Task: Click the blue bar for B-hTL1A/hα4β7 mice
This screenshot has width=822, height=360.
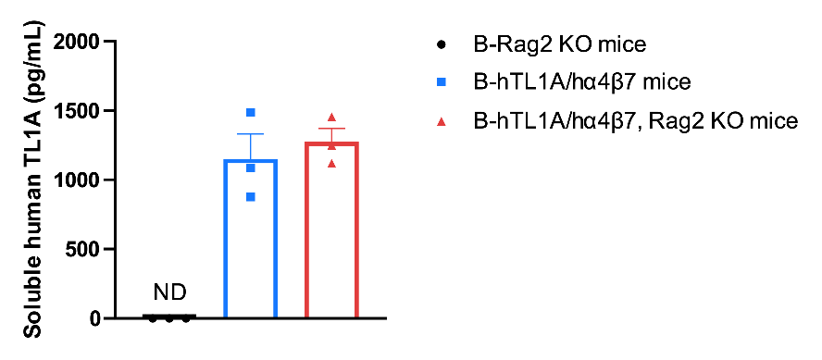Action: coord(226,239)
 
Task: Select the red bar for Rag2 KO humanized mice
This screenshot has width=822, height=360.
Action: coord(306,230)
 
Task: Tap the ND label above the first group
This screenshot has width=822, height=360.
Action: coord(169,293)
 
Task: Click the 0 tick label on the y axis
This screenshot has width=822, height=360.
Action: coord(94,318)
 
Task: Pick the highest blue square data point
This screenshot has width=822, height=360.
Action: coord(251,113)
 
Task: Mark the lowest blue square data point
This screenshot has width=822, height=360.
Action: coord(251,197)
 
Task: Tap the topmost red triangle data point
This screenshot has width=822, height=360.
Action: coord(331,117)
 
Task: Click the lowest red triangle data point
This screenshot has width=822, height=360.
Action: coord(331,164)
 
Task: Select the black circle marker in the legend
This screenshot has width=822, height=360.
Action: coord(442,44)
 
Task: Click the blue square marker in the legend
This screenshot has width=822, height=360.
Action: coord(442,82)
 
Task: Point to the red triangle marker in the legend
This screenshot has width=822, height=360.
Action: coord(442,121)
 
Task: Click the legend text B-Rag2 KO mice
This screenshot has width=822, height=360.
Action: coord(559,44)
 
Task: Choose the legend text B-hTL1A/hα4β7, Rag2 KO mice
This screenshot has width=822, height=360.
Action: coord(635,121)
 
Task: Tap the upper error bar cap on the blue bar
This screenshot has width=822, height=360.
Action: coord(251,134)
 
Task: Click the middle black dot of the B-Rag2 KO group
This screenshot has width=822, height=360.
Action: coord(169,318)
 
